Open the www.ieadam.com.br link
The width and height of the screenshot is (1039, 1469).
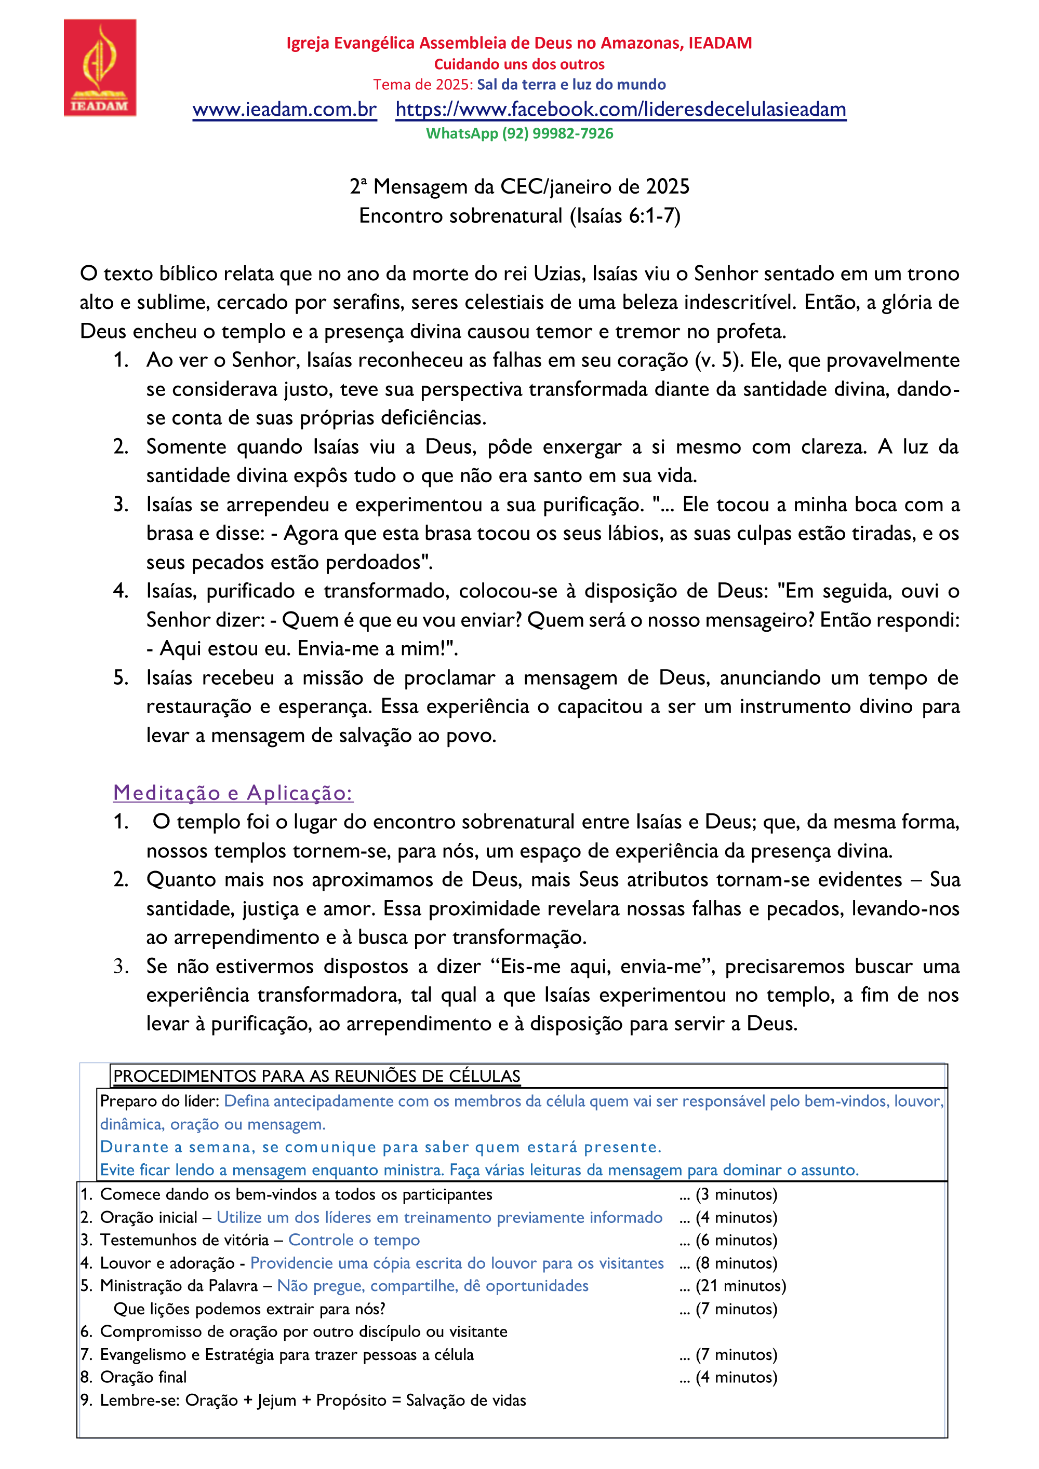(x=284, y=110)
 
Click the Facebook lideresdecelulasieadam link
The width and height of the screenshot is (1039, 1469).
(x=620, y=110)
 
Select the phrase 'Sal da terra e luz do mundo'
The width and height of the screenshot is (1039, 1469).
(x=571, y=85)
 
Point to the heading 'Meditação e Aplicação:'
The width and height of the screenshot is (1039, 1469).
(x=233, y=793)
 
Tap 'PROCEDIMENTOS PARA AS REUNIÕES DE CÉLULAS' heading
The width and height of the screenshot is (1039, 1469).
(x=317, y=1076)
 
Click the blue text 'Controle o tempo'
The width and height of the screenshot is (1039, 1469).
(x=354, y=1240)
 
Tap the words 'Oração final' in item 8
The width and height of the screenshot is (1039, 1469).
(x=143, y=1378)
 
